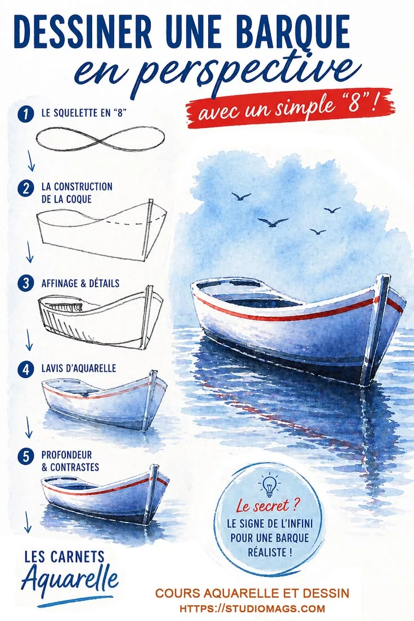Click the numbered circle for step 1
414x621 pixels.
(26, 114)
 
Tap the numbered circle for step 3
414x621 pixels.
(26, 283)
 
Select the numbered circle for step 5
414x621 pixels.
(26, 457)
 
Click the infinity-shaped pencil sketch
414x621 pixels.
(100, 138)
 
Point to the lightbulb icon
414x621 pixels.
(269, 485)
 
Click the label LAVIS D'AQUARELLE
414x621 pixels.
(79, 368)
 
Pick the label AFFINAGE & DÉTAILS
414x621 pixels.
(80, 283)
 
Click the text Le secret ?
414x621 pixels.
(268, 506)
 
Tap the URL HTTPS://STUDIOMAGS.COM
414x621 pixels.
(253, 609)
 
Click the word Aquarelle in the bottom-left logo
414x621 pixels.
(70, 579)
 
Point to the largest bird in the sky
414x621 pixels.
(273, 222)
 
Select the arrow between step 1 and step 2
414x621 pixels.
(31, 160)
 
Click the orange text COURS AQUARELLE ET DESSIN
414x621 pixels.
(253, 593)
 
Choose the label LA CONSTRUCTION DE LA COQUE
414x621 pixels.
(77, 192)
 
